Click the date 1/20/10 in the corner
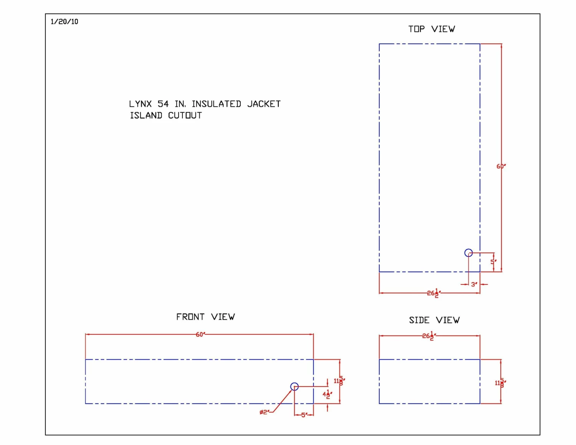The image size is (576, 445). pyautogui.click(x=64, y=22)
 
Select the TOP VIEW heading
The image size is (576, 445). pyautogui.click(x=432, y=29)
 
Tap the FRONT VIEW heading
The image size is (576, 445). pyautogui.click(x=205, y=317)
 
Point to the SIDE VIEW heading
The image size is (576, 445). pyautogui.click(x=434, y=320)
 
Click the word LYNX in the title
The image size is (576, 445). pyautogui.click(x=140, y=104)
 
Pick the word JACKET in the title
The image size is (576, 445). pyautogui.click(x=264, y=104)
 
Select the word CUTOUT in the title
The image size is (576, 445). pyautogui.click(x=185, y=116)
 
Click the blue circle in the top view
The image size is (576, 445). pyautogui.click(x=468, y=253)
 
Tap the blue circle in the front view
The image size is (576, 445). pyautogui.click(x=295, y=386)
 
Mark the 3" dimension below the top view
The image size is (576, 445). pyautogui.click(x=474, y=285)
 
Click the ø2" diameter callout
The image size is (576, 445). pyautogui.click(x=264, y=412)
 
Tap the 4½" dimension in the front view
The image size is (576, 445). pyautogui.click(x=327, y=394)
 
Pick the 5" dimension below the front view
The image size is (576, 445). pyautogui.click(x=304, y=415)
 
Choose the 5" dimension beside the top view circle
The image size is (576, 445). pyautogui.click(x=493, y=262)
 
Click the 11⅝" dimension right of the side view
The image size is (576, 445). pyautogui.click(x=500, y=383)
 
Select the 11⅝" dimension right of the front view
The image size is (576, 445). pyautogui.click(x=339, y=381)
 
